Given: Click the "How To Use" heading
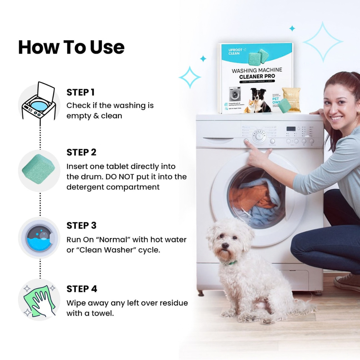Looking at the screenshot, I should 71,47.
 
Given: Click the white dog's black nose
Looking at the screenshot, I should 225,246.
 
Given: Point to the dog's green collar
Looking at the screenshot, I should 232,263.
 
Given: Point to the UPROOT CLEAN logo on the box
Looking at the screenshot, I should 234,52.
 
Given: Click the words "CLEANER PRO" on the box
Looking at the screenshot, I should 257,76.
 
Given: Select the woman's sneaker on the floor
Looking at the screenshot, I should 347,283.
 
